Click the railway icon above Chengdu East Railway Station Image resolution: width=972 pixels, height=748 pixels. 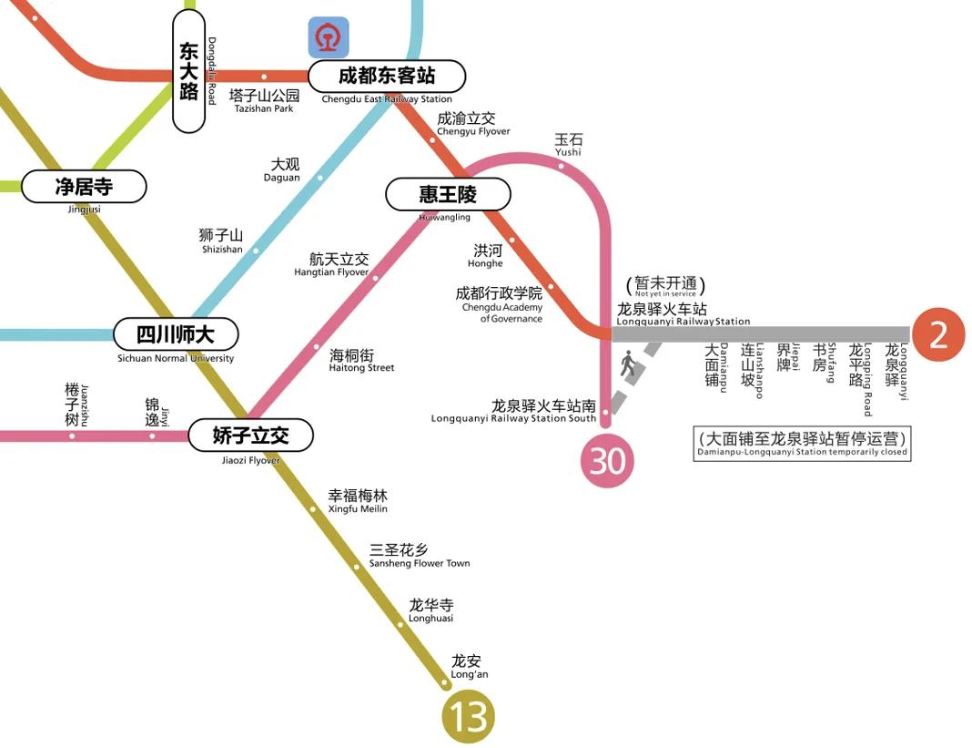click(x=328, y=37)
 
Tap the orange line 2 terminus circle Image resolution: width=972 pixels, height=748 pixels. click(x=937, y=335)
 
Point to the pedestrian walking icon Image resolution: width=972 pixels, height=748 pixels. click(x=628, y=365)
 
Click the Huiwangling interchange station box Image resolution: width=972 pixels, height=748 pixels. click(x=448, y=194)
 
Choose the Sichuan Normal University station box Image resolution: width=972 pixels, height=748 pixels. click(x=176, y=334)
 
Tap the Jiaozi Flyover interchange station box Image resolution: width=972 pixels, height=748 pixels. click(x=250, y=435)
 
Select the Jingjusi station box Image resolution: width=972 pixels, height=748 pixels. click(x=84, y=187)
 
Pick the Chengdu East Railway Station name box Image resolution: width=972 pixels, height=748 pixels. click(x=387, y=77)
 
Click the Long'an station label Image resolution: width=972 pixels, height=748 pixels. click(x=468, y=666)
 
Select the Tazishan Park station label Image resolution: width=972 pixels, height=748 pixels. click(x=264, y=99)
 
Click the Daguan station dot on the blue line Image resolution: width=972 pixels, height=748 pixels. click(x=319, y=178)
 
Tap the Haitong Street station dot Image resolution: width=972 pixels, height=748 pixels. click(x=317, y=347)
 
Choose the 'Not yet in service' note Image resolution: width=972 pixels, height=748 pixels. click(x=665, y=287)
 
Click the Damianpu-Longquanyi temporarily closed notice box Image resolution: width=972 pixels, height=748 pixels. click(x=802, y=444)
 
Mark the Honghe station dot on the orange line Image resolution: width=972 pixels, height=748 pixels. click(x=511, y=241)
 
